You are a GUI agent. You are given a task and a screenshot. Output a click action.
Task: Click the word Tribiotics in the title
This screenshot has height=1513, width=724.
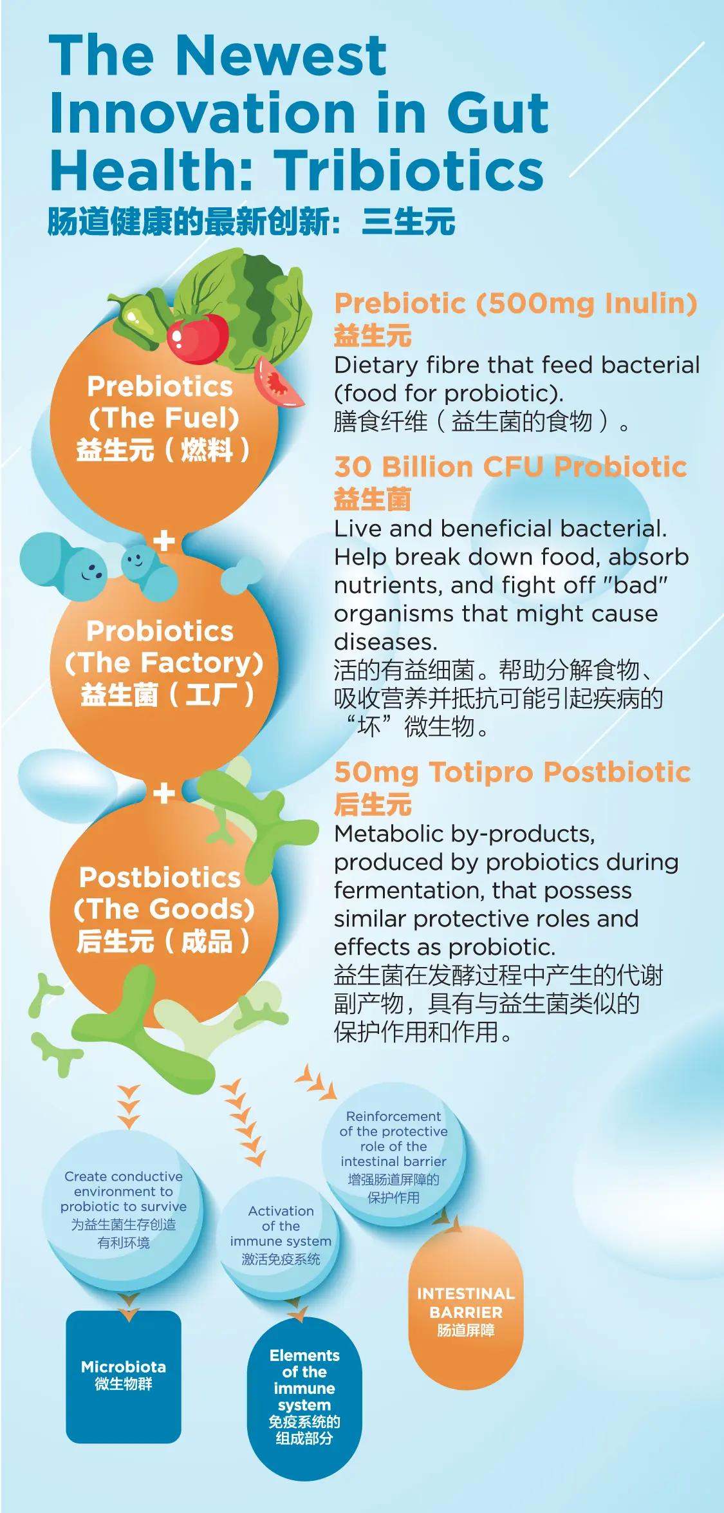pyautogui.click(x=411, y=170)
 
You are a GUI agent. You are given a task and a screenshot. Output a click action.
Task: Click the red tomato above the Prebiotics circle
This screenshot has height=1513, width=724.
pyautogui.click(x=198, y=337)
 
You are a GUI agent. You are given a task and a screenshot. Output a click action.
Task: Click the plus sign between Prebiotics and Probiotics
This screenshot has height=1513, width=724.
pyautogui.click(x=164, y=541)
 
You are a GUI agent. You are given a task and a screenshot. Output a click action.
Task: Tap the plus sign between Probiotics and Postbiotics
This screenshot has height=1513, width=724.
pyautogui.click(x=164, y=793)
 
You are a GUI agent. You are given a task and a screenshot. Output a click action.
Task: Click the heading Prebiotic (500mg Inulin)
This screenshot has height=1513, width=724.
pyautogui.click(x=515, y=303)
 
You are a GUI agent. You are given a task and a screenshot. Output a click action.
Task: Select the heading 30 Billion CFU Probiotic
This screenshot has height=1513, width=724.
pyautogui.click(x=510, y=467)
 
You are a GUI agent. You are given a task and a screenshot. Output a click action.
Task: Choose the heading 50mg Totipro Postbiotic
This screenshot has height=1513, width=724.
pyautogui.click(x=512, y=772)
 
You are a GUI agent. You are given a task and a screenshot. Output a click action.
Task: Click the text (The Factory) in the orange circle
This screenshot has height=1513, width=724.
pyautogui.click(x=164, y=663)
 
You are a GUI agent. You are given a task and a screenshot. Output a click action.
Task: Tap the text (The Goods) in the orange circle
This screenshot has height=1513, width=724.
pyautogui.click(x=164, y=909)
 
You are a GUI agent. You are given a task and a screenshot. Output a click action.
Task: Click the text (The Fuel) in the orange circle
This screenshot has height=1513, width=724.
pyautogui.click(x=164, y=418)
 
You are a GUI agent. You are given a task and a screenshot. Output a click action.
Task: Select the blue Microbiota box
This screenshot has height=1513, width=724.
pyautogui.click(x=124, y=1377)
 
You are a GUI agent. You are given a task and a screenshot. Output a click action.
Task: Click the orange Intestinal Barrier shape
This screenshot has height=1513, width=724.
pyautogui.click(x=466, y=1307)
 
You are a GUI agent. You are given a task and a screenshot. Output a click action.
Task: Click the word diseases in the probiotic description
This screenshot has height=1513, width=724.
pyautogui.click(x=385, y=642)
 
